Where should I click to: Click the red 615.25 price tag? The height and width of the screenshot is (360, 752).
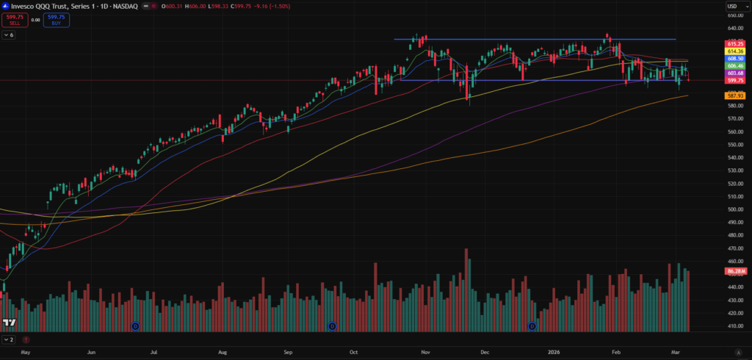tap(735, 44)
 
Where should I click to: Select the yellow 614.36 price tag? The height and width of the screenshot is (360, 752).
tap(735, 51)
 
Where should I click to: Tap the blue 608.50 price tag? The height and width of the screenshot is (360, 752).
tap(735, 59)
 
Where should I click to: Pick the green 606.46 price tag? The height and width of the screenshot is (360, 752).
tap(735, 66)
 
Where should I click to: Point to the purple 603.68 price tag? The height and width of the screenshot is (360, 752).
tap(735, 73)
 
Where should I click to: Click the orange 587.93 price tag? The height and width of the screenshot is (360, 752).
tap(735, 96)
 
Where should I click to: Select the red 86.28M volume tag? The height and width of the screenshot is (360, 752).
tap(735, 271)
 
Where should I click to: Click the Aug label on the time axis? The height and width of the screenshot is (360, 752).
tap(223, 353)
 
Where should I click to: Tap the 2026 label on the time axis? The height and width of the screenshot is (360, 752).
tap(554, 353)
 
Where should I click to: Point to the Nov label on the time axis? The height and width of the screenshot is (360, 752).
tap(424, 353)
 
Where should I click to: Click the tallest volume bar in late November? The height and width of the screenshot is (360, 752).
tap(466, 289)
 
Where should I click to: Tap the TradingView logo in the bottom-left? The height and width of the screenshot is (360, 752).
tap(10, 323)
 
